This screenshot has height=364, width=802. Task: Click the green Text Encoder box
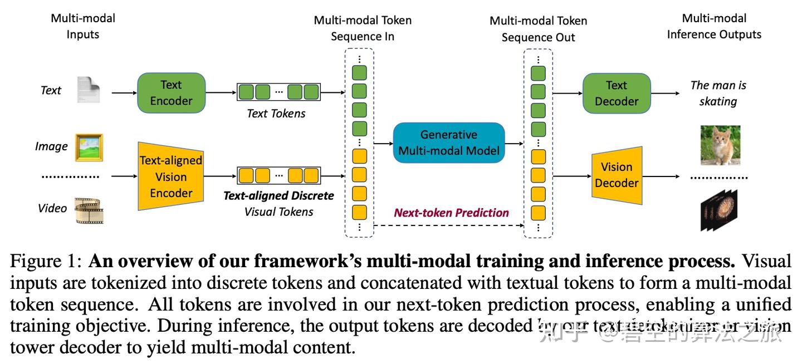[x=171, y=93]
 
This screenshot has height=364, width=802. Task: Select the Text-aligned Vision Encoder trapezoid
[x=170, y=176]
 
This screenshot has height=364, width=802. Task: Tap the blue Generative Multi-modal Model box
[x=448, y=142]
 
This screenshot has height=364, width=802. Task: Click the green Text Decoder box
[x=616, y=94]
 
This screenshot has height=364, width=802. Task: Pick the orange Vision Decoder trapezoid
[x=617, y=175]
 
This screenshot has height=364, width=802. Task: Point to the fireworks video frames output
[x=719, y=210]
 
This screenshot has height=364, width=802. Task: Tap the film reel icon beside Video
[x=89, y=210]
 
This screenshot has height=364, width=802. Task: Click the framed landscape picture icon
[x=89, y=147]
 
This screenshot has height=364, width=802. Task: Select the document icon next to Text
[x=88, y=90]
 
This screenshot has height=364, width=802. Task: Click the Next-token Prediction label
[x=451, y=213]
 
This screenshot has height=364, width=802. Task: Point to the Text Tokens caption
[x=276, y=114]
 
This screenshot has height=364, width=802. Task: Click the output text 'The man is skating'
[x=718, y=94]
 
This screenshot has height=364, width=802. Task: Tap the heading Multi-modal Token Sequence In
[x=363, y=28]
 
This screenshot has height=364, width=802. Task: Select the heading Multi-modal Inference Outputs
[x=714, y=26]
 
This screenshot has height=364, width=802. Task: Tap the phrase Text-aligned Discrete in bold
[x=278, y=196]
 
